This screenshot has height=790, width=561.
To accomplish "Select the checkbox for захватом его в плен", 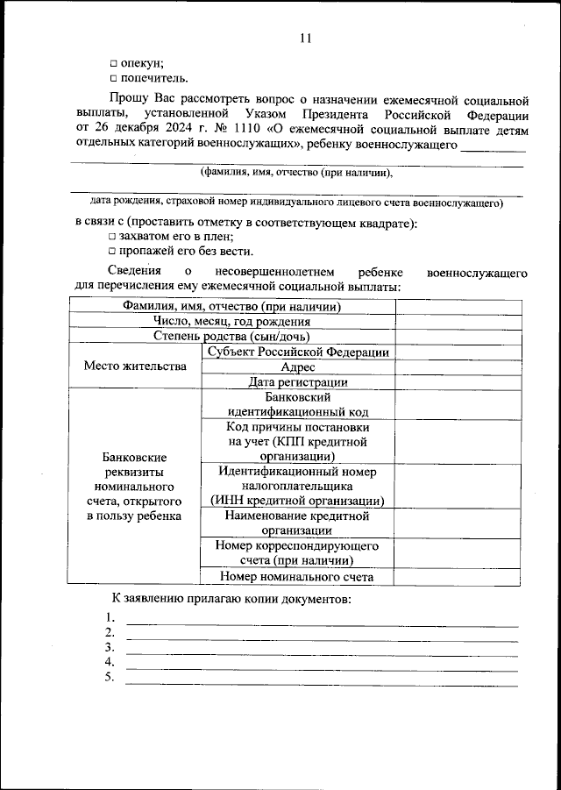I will click(112, 237).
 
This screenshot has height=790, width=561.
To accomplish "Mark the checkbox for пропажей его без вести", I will click(112, 252).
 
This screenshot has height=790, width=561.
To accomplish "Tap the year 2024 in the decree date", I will click(172, 130).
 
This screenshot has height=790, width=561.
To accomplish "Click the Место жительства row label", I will click(134, 367).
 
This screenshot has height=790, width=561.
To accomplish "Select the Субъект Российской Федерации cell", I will click(297, 352).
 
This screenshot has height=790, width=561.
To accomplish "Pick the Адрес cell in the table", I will click(297, 367).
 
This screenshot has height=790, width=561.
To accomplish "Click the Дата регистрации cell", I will click(297, 381).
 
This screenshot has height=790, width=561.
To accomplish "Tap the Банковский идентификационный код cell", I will click(297, 403).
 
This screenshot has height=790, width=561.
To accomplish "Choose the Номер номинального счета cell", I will click(297, 576).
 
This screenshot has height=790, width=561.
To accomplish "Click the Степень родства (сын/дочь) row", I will click(231, 336).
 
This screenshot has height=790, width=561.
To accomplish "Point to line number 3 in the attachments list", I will click(110, 647).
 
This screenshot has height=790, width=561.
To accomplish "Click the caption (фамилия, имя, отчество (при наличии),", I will click(295, 173).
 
